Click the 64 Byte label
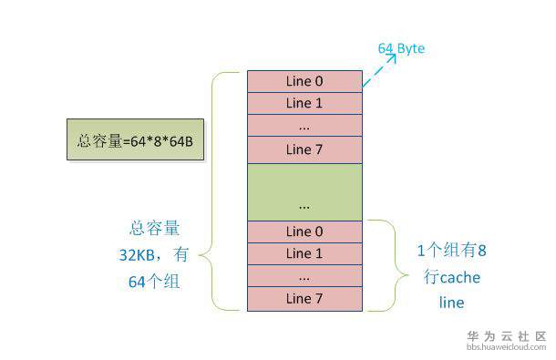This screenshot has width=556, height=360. (x=401, y=48)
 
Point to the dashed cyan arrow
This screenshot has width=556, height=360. (x=378, y=70)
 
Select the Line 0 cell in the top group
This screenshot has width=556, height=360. (x=304, y=81)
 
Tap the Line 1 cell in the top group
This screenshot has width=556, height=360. (x=304, y=103)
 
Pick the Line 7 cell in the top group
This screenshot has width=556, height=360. (x=304, y=149)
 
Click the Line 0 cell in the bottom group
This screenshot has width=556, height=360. (x=304, y=231)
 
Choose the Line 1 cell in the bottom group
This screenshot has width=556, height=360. (x=304, y=253)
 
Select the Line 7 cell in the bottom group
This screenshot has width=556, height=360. (x=304, y=299)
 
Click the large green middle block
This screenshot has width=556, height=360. (x=304, y=192)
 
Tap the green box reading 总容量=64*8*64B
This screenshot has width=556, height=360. (x=135, y=139)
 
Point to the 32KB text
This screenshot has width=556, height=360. (x=137, y=255)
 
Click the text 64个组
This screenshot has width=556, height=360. (x=154, y=282)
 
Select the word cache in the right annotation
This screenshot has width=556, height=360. (x=460, y=278)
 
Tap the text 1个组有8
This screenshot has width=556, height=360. (x=452, y=251)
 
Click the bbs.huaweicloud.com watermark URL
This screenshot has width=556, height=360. (x=507, y=347)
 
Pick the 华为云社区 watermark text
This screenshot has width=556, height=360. (x=507, y=336)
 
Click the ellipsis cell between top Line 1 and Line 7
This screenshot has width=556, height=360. (x=304, y=125)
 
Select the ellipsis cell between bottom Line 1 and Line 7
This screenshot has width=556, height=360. (x=304, y=276)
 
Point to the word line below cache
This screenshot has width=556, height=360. (x=451, y=303)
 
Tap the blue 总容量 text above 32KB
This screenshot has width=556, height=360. (x=155, y=228)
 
